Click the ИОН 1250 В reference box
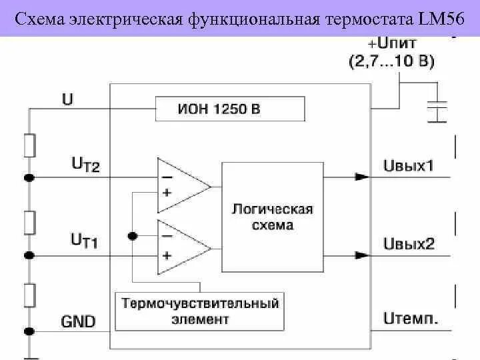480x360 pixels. coord(230,109)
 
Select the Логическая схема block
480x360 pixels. coord(272,217)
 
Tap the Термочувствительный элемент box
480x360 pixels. coord(199,311)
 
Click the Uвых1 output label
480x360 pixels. coord(409,165)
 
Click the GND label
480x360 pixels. coord(78,321)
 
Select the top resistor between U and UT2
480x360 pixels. coord(29,145)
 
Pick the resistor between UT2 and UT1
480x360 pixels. coord(29,221)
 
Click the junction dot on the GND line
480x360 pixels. coord(29,331)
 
